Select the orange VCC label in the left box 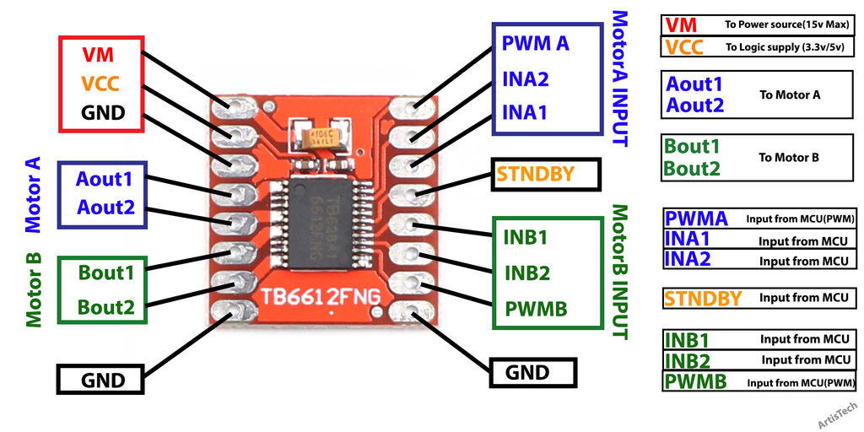100,84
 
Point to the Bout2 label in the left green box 106,307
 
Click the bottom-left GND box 102,380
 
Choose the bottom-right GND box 527,372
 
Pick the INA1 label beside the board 526,112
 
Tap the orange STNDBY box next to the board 536,175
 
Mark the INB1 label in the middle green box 526,237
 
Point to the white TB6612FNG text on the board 320,296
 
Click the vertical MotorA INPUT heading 620,78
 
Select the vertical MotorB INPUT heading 620,272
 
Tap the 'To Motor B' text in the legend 789,157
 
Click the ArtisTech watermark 838,415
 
